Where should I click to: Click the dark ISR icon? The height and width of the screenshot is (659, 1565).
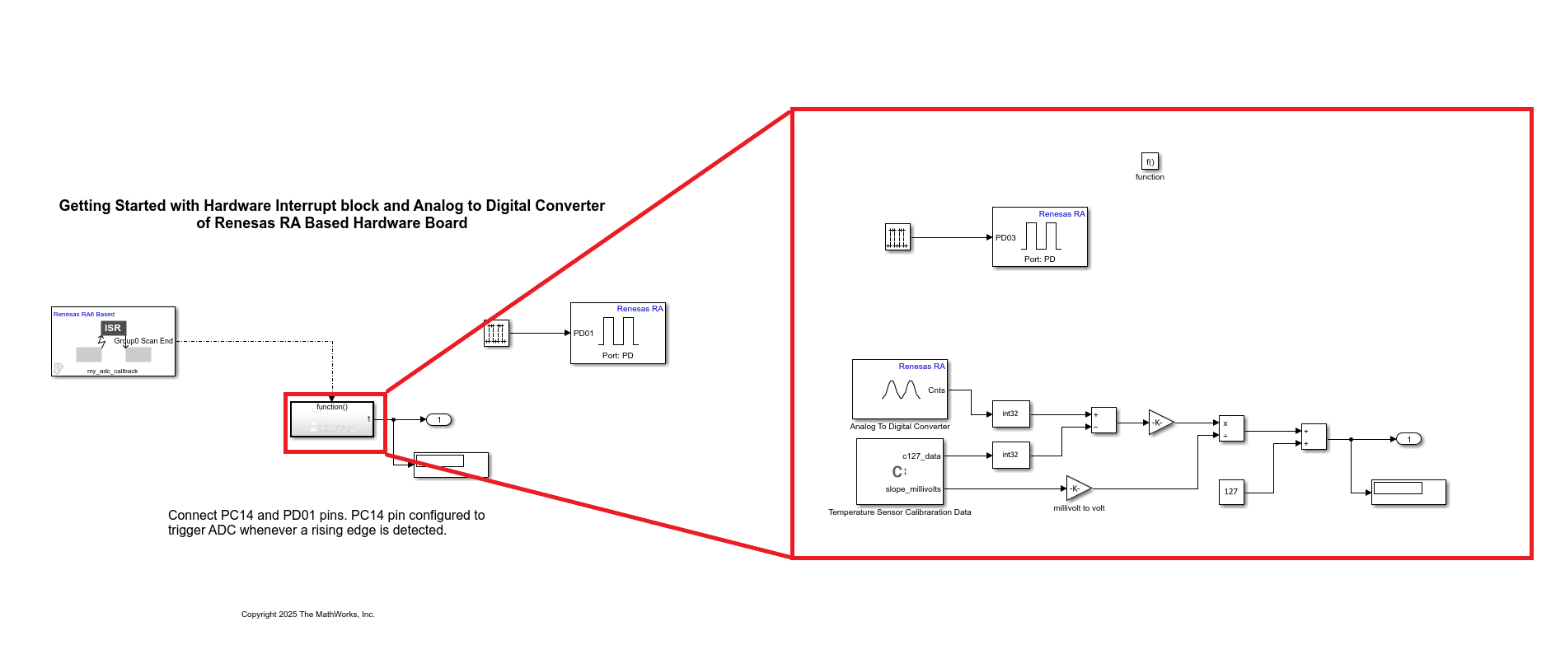113,328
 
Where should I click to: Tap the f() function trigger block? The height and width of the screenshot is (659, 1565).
1150,161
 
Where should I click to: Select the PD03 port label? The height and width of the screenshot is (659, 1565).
1005,238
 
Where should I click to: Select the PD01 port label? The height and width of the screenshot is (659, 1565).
583,334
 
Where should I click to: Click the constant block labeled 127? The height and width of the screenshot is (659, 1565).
1231,492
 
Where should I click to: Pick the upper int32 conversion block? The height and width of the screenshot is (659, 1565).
1010,414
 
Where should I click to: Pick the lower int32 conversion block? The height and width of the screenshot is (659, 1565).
1010,455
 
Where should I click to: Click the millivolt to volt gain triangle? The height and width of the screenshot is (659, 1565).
1077,488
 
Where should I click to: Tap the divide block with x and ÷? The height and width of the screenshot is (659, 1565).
1231,428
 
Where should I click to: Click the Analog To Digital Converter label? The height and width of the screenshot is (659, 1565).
900,427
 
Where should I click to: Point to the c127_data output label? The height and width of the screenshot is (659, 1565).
921,456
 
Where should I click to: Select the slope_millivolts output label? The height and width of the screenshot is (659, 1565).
913,489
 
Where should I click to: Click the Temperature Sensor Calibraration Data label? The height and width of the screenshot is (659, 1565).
900,512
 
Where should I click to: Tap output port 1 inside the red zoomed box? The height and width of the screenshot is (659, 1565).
1408,439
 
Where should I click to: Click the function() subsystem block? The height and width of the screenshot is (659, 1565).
332,419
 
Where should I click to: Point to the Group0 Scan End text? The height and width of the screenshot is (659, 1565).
144,341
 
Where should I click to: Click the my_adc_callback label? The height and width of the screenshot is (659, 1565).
113,372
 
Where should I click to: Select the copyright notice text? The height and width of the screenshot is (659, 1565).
308,615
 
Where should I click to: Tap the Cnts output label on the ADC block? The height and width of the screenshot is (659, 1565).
936,390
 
